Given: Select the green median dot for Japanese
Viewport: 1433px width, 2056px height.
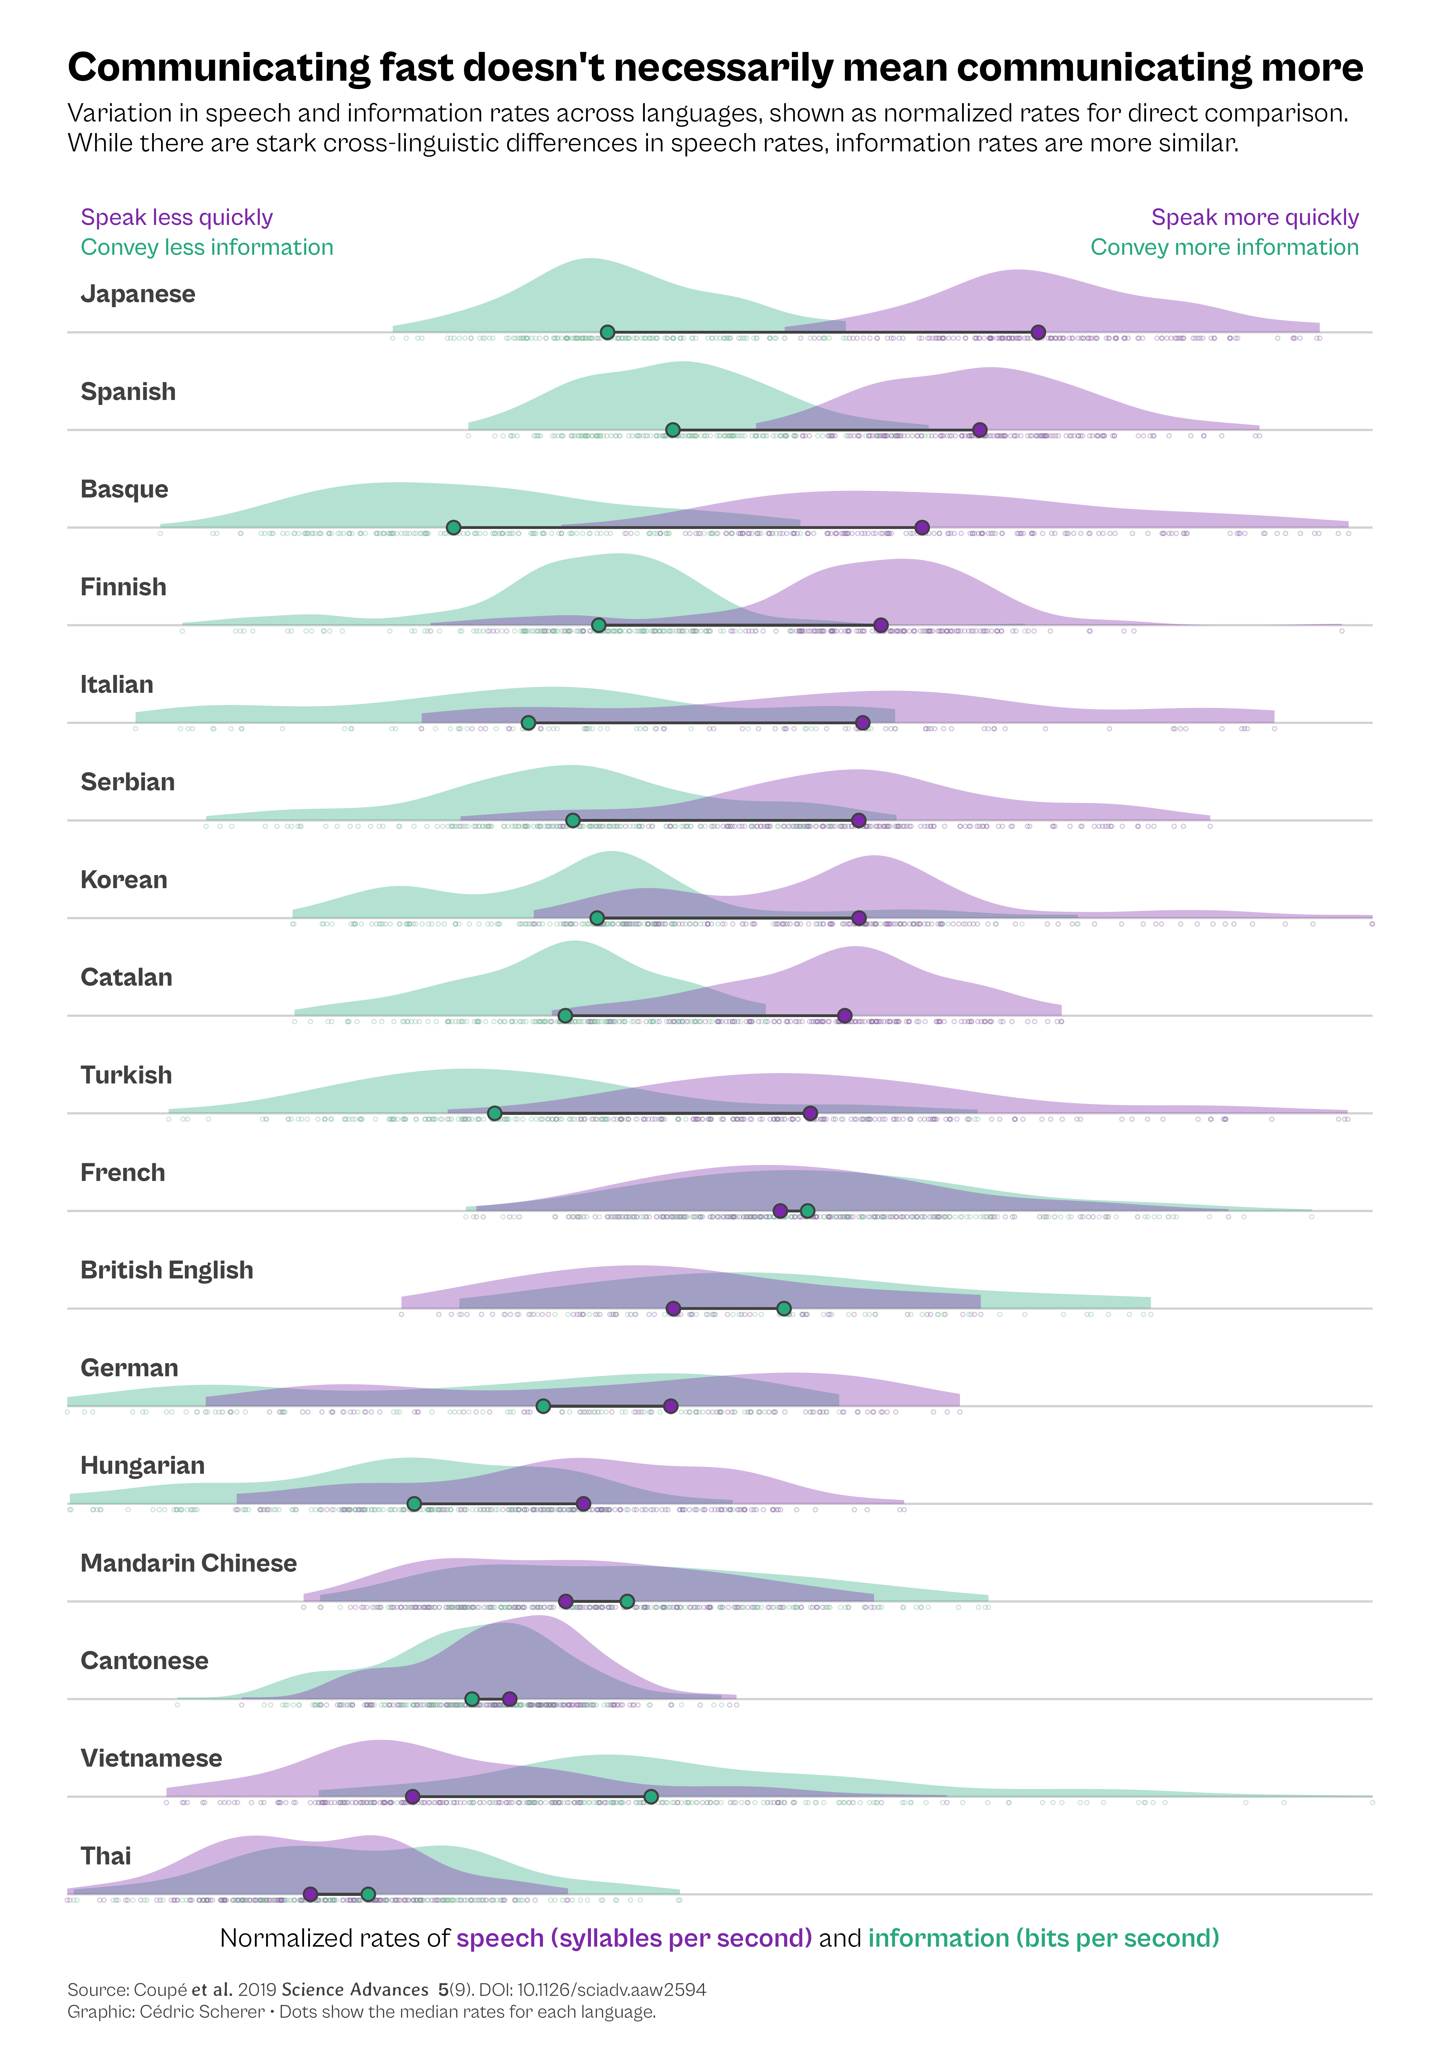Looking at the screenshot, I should pos(607,332).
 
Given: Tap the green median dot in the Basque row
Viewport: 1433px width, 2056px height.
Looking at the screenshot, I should pos(453,527).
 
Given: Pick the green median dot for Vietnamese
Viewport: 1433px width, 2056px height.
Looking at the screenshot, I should pos(651,1796).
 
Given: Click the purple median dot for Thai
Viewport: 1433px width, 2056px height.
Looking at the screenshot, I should pos(310,1894).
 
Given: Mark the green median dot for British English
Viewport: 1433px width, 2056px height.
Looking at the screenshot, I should pos(784,1308).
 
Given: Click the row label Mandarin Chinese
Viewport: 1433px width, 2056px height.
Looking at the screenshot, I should pos(188,1563).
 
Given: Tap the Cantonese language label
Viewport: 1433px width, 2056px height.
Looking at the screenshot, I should pos(144,1661).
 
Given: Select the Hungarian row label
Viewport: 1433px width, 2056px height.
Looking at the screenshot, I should pos(142,1466).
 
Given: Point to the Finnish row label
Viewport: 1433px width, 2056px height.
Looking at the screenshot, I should pos(124,588).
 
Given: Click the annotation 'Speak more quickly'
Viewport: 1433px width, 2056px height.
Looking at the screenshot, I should pos(1254,218).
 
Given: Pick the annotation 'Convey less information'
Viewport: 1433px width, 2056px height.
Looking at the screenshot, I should pos(207,247).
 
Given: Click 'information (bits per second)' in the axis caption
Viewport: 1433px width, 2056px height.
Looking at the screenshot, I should pos(1043,1939).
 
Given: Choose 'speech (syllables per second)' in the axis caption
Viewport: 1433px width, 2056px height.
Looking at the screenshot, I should pos(634,1939).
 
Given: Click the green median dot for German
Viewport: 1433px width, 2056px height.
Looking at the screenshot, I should pos(543,1406).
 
